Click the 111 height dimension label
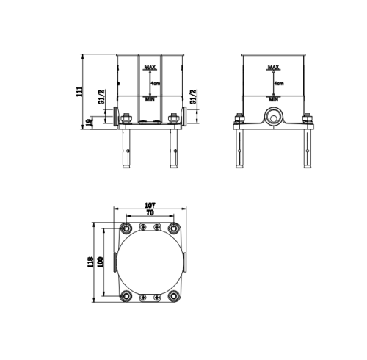[80, 91]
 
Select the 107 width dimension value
[150, 205]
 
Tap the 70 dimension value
[150, 212]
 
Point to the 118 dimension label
[90, 262]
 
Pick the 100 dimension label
[101, 262]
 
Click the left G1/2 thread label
[101, 96]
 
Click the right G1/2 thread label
[193, 96]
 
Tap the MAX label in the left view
[150, 67]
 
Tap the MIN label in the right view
[274, 99]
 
